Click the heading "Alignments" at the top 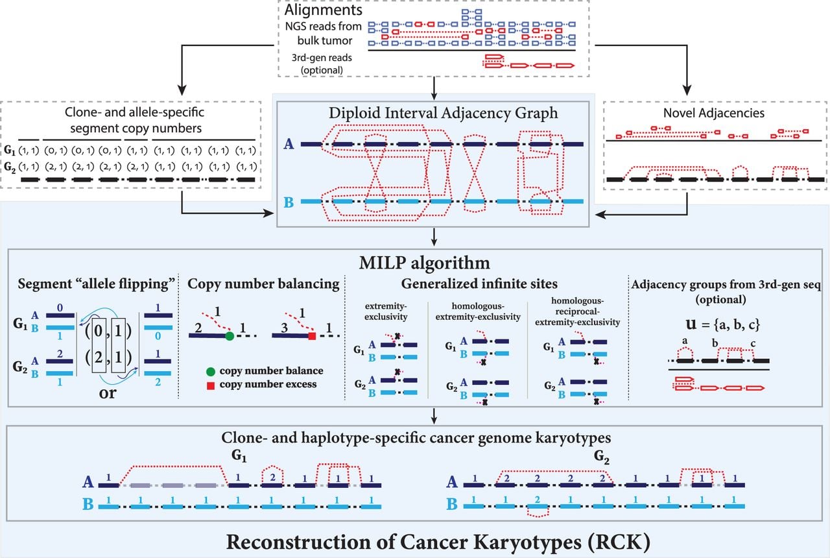point(323,10)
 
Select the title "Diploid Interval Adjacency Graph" point(443,113)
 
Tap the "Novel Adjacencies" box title point(714,113)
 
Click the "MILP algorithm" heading point(424,263)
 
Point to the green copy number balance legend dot point(211,371)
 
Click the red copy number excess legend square point(211,385)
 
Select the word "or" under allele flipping point(108,393)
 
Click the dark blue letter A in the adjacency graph point(289,144)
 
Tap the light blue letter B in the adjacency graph point(289,202)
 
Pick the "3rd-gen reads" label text point(322,58)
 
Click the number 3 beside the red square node point(284,328)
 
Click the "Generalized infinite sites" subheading point(479,284)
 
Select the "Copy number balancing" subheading point(263,284)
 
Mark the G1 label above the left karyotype point(239,455)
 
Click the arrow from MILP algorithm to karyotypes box point(434,416)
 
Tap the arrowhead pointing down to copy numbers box point(182,90)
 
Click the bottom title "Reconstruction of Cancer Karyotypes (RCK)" point(438,542)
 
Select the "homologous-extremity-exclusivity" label point(478,311)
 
